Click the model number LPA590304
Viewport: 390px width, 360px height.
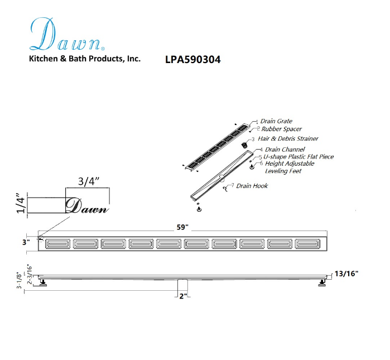tap(192, 60)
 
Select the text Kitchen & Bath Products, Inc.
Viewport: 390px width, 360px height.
tap(84, 59)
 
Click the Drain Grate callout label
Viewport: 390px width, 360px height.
tap(276, 121)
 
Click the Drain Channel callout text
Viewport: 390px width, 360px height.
tap(284, 150)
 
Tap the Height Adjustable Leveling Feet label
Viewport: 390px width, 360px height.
tap(289, 167)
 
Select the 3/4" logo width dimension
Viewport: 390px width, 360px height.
tap(87, 181)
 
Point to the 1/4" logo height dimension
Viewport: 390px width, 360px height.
tap(20, 205)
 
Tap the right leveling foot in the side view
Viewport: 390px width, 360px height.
tap(322, 283)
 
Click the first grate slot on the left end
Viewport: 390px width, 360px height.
tap(57, 244)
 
